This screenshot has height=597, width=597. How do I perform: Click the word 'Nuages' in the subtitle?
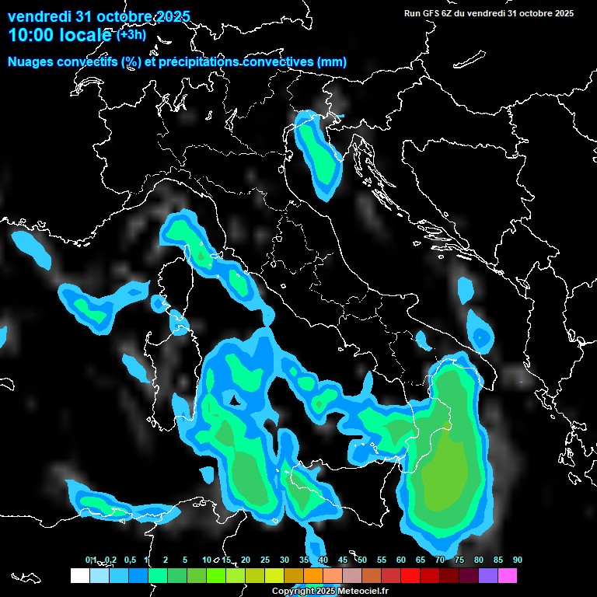click(x=30, y=62)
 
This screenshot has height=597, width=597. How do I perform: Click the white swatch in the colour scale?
click(x=79, y=575)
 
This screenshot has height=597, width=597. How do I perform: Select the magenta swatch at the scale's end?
click(x=508, y=575)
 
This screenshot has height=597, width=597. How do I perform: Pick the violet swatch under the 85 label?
click(x=488, y=575)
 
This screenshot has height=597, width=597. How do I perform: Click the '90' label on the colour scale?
click(x=518, y=560)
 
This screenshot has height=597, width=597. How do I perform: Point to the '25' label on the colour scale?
click(x=265, y=560)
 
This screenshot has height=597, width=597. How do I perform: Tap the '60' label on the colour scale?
click(x=401, y=560)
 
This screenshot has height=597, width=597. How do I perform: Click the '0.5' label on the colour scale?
click(x=130, y=560)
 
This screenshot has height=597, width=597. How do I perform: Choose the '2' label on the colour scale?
click(x=166, y=560)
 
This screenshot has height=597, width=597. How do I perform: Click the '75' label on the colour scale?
click(x=459, y=560)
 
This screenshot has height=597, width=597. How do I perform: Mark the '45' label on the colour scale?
click(x=343, y=560)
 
